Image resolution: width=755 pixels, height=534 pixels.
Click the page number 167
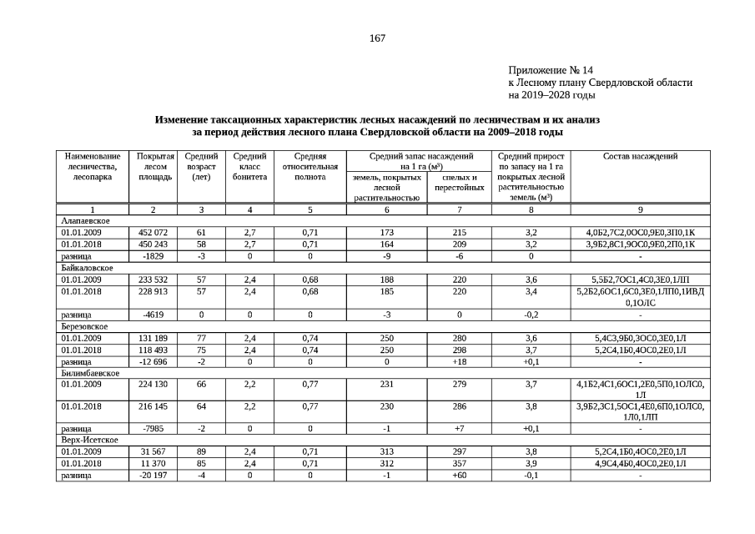click(x=377, y=38)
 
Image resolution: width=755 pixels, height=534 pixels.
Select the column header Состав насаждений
click(x=640, y=156)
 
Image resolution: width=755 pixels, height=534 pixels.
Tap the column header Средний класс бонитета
click(x=249, y=166)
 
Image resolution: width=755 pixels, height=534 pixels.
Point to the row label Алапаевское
click(x=85, y=220)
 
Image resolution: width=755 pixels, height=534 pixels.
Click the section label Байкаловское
click(x=87, y=268)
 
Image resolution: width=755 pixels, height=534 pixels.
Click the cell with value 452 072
click(x=154, y=232)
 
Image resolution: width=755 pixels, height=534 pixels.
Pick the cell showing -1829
click(x=154, y=255)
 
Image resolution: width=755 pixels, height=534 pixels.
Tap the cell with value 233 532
click(x=154, y=280)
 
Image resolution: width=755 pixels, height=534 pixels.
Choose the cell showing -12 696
click(x=154, y=362)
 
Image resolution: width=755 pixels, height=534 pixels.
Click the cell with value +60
click(x=459, y=475)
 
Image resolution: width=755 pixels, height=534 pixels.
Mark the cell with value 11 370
click(x=154, y=463)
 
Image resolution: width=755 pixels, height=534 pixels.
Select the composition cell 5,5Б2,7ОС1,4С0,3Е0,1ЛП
click(x=640, y=280)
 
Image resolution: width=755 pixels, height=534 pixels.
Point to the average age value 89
click(x=201, y=451)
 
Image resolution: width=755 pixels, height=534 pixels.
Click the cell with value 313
click(x=386, y=451)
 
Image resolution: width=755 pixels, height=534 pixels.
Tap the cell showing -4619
click(x=154, y=315)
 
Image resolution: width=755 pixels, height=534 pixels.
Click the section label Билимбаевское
click(x=90, y=374)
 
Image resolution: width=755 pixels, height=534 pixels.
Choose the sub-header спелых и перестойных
click(x=459, y=183)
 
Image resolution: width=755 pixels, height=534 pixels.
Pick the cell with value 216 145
click(x=154, y=406)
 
